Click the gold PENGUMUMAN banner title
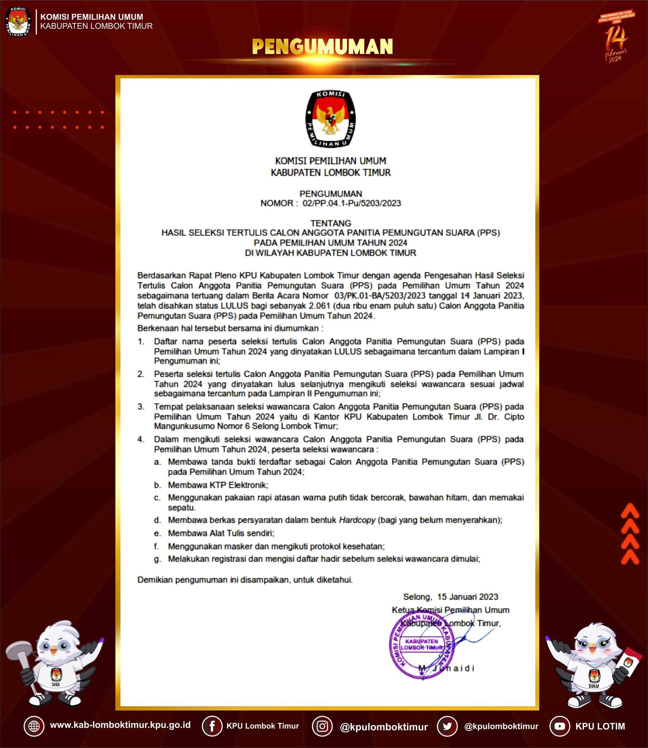pyautogui.click(x=322, y=46)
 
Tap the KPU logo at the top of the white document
pyautogui.click(x=330, y=119)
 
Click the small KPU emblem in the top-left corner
pyautogui.click(x=18, y=21)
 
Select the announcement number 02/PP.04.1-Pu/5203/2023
pyautogui.click(x=352, y=203)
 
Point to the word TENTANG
pyautogui.click(x=331, y=223)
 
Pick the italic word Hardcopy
pyautogui.click(x=357, y=520)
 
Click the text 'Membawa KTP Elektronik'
pyautogui.click(x=218, y=485)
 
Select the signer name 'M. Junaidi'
pyautogui.click(x=446, y=668)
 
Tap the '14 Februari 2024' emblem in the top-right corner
pyautogui.click(x=617, y=37)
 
